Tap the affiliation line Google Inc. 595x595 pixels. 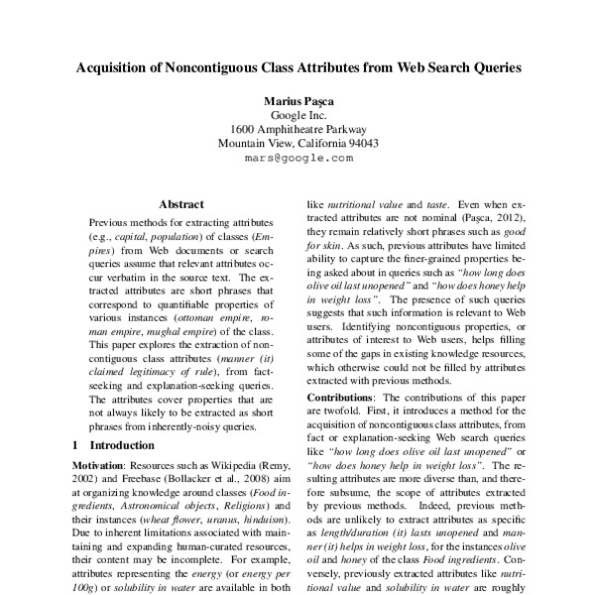(x=297, y=115)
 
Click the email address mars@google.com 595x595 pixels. (x=297, y=158)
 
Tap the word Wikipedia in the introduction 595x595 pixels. (x=223, y=465)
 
